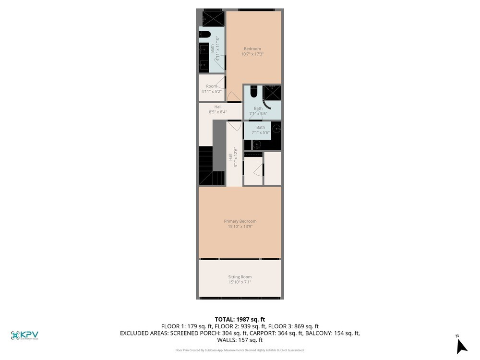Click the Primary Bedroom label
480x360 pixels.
point(240,221)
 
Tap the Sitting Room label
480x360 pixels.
point(240,277)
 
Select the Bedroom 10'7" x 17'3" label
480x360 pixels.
point(252,48)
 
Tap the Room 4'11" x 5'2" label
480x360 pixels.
point(211,86)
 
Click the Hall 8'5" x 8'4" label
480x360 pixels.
point(218,107)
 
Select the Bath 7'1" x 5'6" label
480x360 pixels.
point(260,127)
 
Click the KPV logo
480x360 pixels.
point(24,335)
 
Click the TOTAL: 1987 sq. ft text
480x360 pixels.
point(240,319)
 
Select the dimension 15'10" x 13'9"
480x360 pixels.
point(240,227)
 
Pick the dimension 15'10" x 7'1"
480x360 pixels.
point(240,282)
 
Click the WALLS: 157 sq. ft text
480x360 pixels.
point(240,340)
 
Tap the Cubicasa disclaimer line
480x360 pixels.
point(240,350)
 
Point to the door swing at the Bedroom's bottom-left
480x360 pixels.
point(234,97)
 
